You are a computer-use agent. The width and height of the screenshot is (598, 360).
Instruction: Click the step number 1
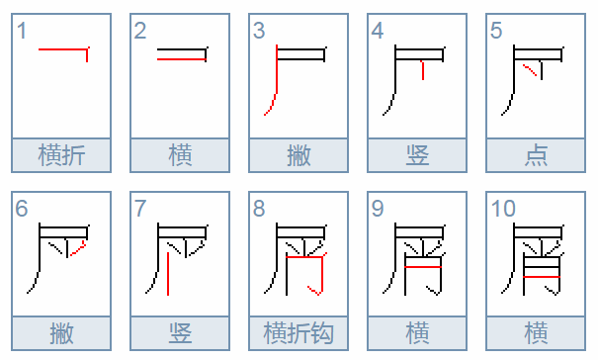[x=22, y=31]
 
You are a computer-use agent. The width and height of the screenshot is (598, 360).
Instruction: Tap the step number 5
[x=496, y=31]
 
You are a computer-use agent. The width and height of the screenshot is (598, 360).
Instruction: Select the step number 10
[x=503, y=209]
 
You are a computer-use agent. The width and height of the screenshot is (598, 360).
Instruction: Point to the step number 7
[x=140, y=209]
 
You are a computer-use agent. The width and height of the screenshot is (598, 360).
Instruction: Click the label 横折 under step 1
[x=61, y=155]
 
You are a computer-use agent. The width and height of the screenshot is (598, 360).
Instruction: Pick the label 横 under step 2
[x=180, y=155]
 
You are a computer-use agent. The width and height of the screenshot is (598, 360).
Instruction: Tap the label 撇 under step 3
[x=299, y=155]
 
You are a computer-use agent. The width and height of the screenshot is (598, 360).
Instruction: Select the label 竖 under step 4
[x=417, y=155]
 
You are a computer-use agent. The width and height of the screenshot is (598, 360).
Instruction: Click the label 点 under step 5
[x=536, y=155]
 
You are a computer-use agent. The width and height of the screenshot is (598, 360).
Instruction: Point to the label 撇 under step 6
[x=61, y=333]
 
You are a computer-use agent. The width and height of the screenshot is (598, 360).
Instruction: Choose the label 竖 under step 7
[x=180, y=333]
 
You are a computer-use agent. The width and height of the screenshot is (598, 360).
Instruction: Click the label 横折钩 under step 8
[x=299, y=333]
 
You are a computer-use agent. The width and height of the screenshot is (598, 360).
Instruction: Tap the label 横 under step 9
[x=417, y=333]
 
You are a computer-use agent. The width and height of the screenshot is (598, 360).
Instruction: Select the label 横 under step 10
[x=536, y=333]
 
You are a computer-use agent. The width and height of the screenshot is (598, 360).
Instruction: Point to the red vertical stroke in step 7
[x=168, y=273]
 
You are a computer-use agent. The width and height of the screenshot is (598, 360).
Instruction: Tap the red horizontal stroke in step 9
[x=423, y=266]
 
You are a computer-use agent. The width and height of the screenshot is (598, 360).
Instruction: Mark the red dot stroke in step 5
[x=530, y=70]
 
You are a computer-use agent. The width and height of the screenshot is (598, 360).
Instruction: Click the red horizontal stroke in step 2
[x=182, y=59]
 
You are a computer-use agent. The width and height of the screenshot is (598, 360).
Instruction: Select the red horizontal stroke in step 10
[x=542, y=276]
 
